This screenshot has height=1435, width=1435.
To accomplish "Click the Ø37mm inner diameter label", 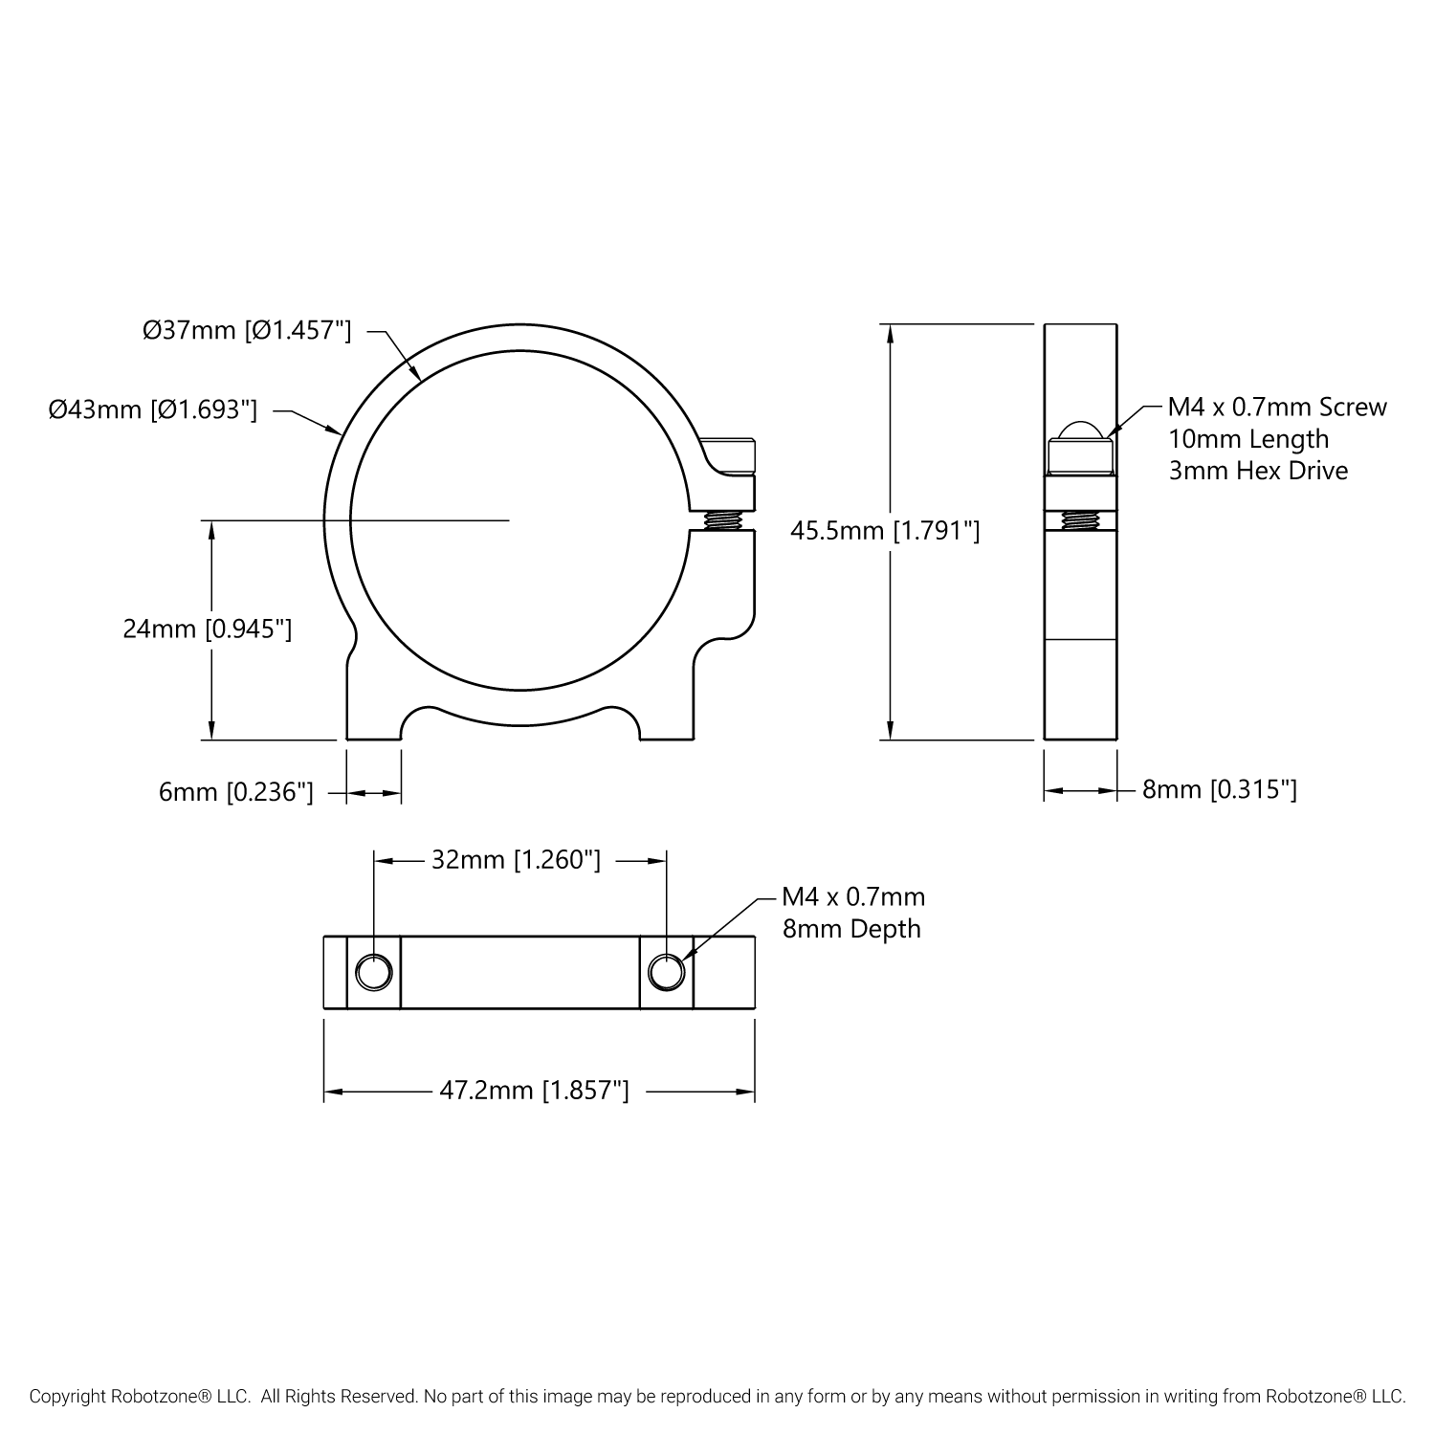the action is pyautogui.click(x=247, y=331).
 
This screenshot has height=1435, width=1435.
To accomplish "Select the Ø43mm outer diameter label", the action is pyautogui.click(x=154, y=410).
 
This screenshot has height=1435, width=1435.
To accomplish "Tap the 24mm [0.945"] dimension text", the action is pyautogui.click(x=208, y=629).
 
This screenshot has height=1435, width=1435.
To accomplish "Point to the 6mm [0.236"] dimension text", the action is pyautogui.click(x=236, y=792).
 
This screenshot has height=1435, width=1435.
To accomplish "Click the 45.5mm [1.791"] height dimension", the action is pyautogui.click(x=885, y=530).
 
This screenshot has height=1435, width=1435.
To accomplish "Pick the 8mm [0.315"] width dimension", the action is pyautogui.click(x=1220, y=789).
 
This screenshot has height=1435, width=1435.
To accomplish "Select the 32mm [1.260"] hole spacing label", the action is pyautogui.click(x=516, y=860).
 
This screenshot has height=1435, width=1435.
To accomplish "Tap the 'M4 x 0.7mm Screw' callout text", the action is pyautogui.click(x=1277, y=407).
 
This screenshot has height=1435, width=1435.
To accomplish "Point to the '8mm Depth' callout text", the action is pyautogui.click(x=851, y=928).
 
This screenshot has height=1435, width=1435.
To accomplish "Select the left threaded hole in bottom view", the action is pyautogui.click(x=373, y=973).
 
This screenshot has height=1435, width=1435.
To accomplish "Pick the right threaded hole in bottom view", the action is pyautogui.click(x=666, y=973).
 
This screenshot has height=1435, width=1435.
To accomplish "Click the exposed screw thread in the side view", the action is pyautogui.click(x=1080, y=520).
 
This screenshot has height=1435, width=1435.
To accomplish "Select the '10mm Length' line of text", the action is pyautogui.click(x=1248, y=438).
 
